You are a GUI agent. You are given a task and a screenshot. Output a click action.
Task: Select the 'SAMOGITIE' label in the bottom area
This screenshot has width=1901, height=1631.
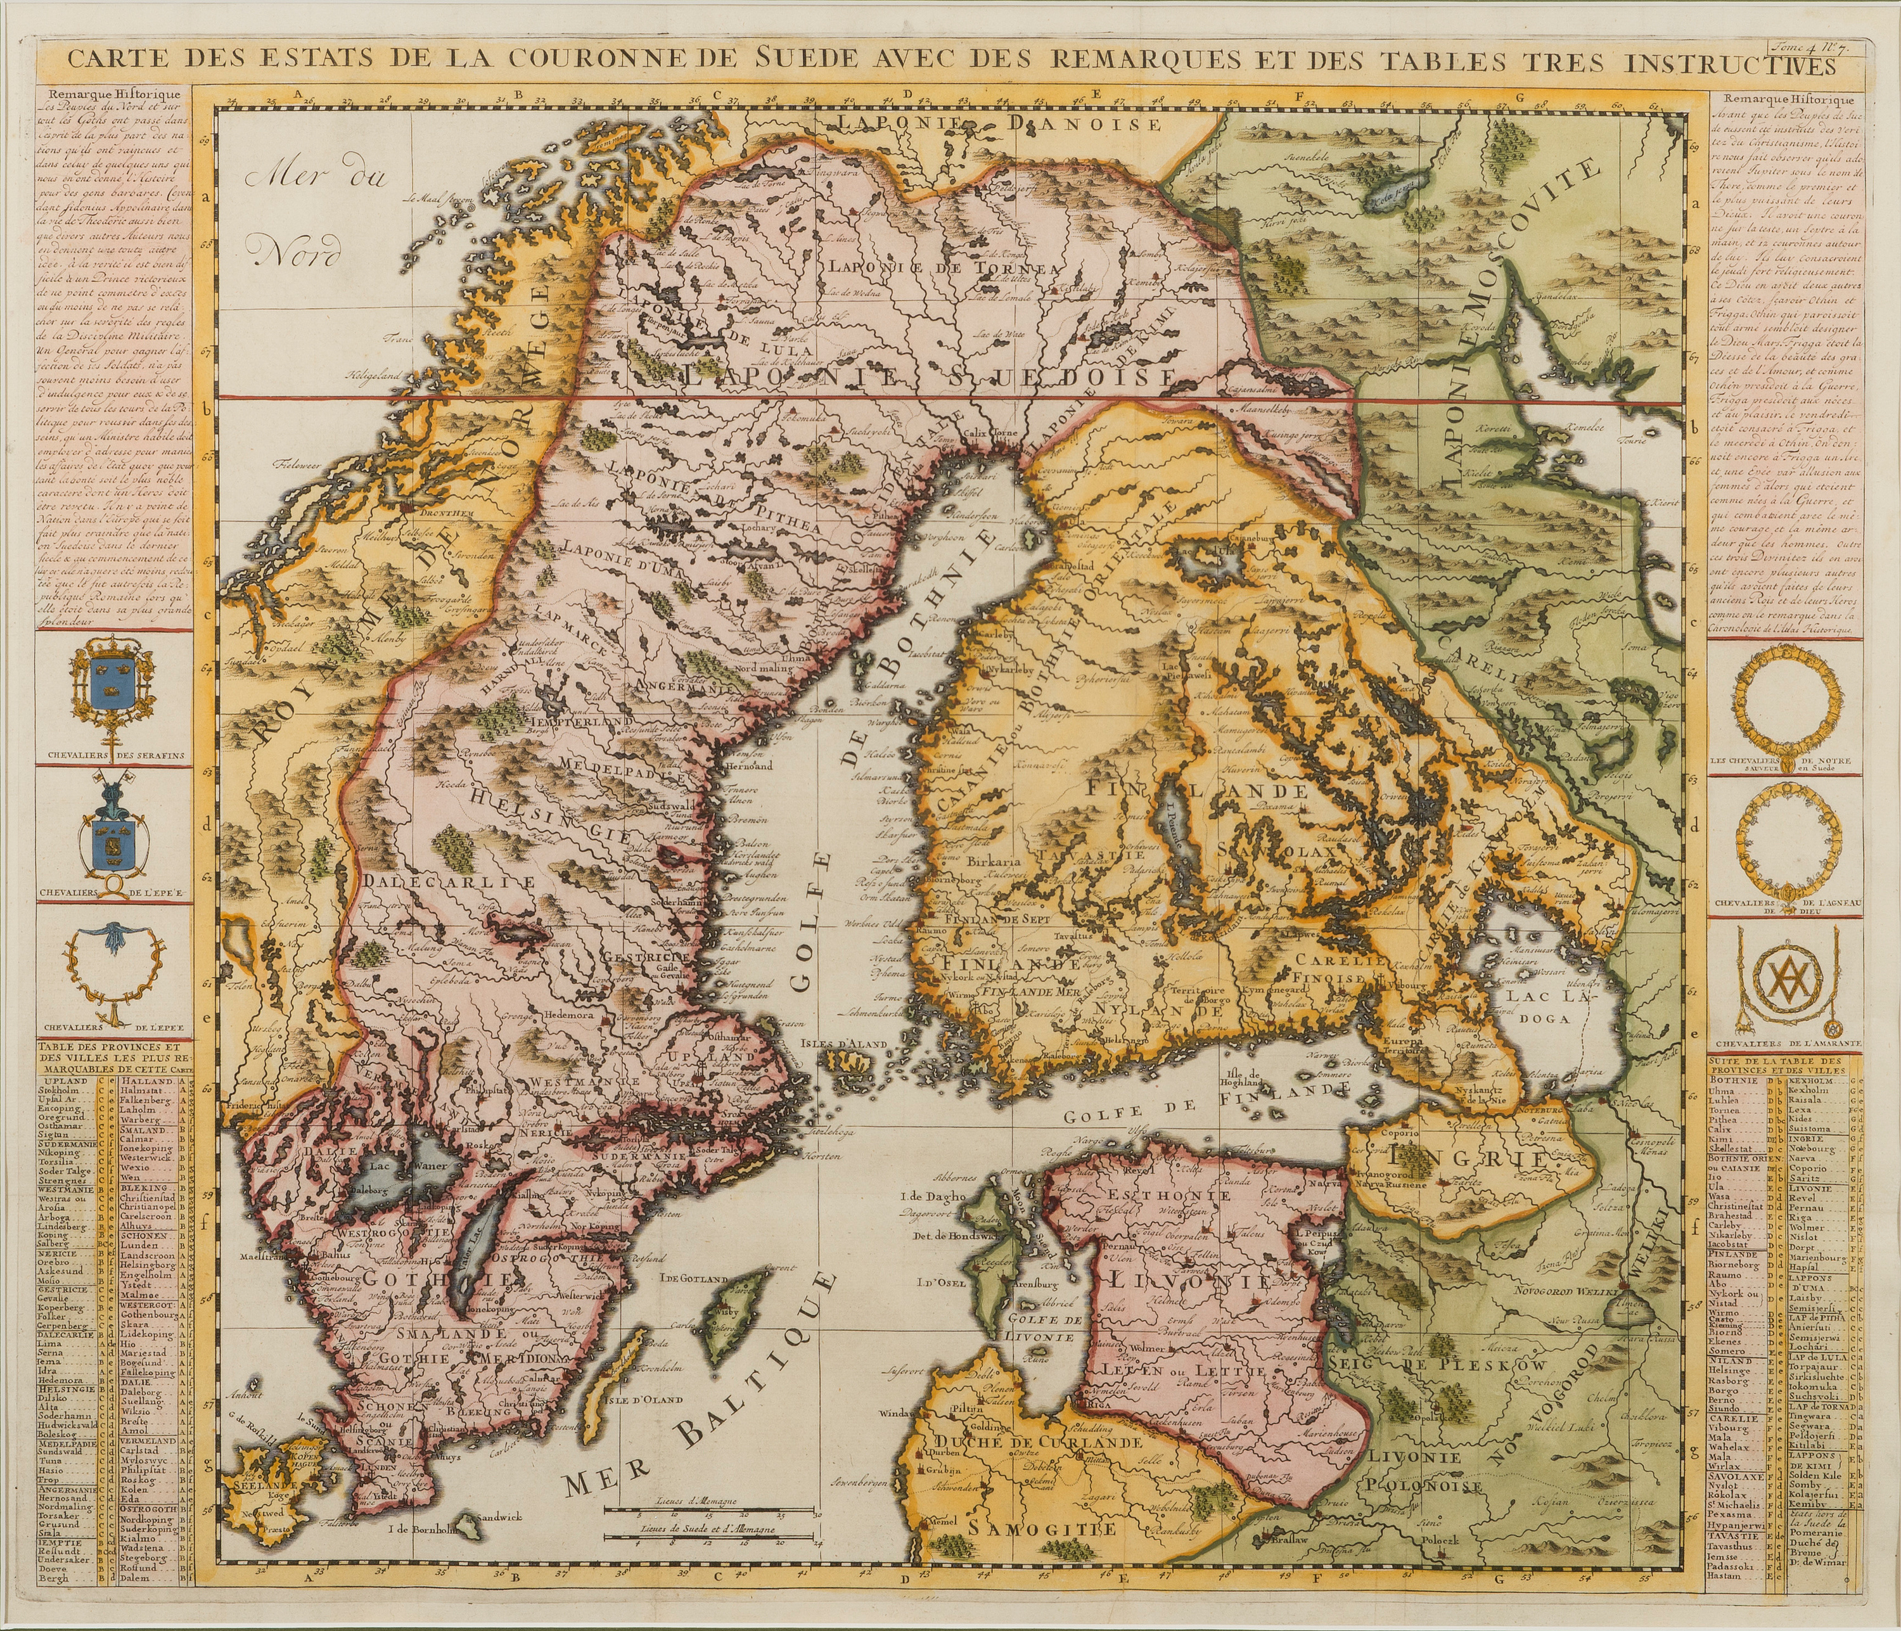1043,1528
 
